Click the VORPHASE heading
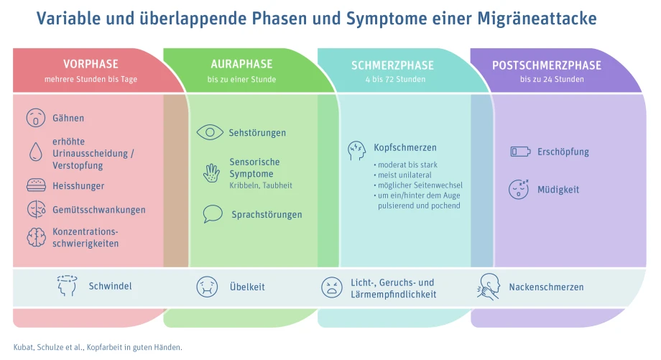point(91,64)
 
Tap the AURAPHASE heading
point(241,64)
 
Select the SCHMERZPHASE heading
point(392,65)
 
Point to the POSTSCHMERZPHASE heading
point(547,65)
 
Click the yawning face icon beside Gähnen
point(36,118)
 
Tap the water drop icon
point(36,152)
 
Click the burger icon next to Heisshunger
point(36,185)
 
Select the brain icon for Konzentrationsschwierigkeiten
point(36,237)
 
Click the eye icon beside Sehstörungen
point(210,133)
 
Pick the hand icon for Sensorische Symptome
point(211,173)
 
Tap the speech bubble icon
point(213,213)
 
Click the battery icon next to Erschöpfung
point(520,152)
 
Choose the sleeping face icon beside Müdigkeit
point(519,189)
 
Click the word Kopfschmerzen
point(405,147)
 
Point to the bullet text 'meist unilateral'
point(405,175)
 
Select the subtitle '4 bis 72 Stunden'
point(395,79)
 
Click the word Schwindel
point(111,286)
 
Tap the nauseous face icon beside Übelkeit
point(207,287)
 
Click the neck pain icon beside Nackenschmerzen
point(489,287)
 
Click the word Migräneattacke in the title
point(537,19)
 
